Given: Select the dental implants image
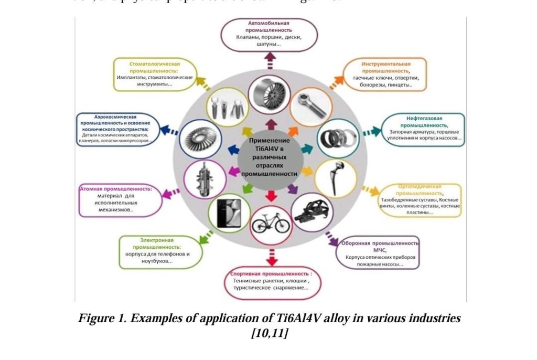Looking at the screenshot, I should click(227, 108).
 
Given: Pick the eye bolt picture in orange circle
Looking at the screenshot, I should click(310, 108).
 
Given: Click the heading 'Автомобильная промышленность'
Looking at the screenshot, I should click(269, 27).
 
